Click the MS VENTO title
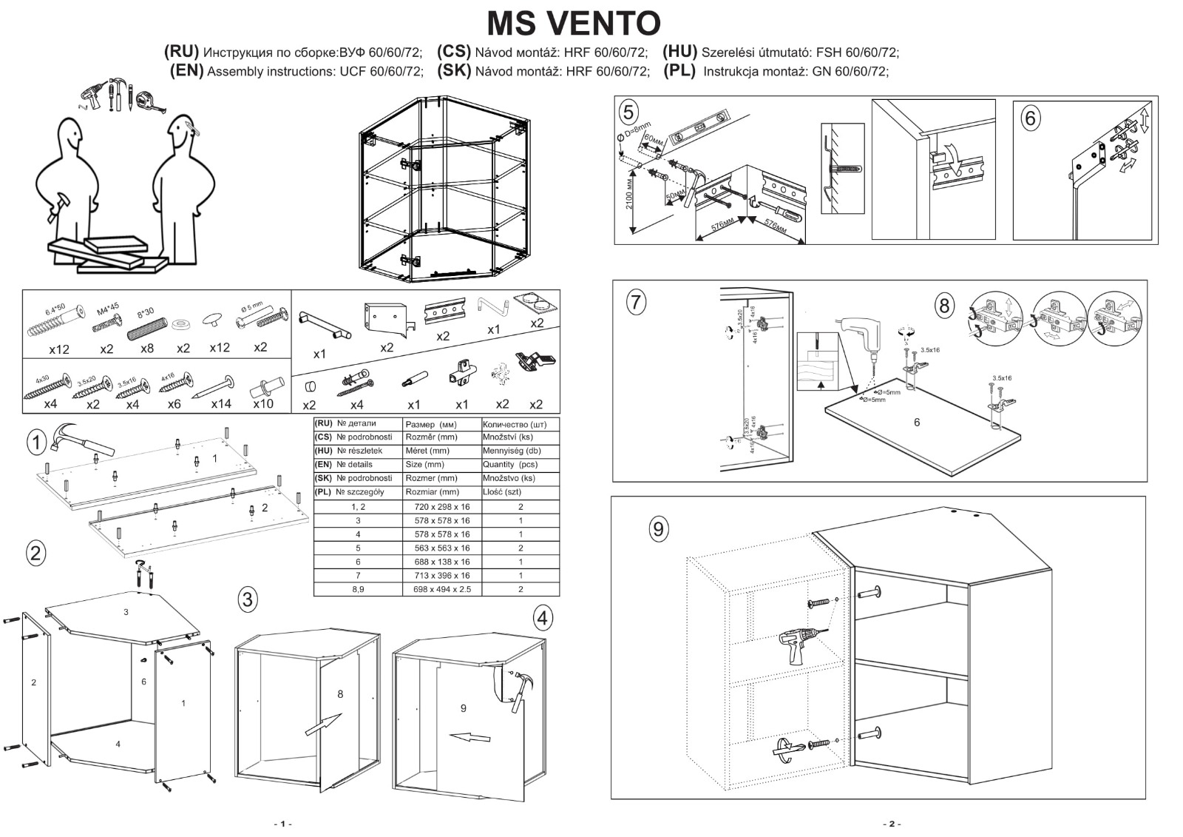[x=573, y=24]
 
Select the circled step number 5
[x=628, y=112]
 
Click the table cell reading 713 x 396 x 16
[x=442, y=576]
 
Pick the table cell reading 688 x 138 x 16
[x=442, y=562]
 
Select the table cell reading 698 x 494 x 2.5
[x=442, y=590]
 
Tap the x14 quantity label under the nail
[x=220, y=404]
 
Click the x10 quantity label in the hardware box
[x=263, y=404]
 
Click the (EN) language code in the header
[x=186, y=71]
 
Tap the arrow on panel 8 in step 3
[x=323, y=725]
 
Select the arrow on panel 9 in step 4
[x=471, y=737]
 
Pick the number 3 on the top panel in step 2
[x=126, y=612]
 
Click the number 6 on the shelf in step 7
[x=917, y=423]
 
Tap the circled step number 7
[x=635, y=302]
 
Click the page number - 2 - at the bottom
[x=892, y=824]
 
